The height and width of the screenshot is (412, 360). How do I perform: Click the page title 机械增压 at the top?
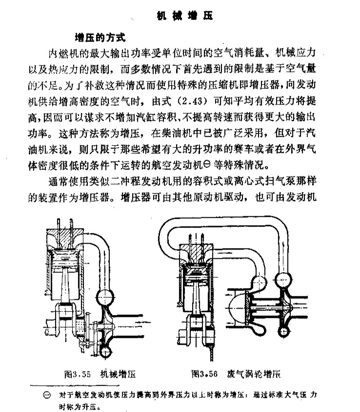coord(185,16)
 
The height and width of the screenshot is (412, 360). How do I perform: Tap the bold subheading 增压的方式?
coord(100,38)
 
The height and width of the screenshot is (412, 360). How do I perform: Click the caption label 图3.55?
coord(78,374)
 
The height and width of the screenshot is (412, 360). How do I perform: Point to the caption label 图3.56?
coord(204,373)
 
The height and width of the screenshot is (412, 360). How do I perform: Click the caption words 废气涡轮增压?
coord(254,373)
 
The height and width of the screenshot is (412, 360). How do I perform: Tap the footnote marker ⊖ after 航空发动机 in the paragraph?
coord(207,165)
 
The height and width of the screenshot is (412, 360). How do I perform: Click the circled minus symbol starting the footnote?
coord(47,395)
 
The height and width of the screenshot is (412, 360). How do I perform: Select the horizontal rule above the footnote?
coord(75,386)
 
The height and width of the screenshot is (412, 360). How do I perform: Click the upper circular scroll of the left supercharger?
coord(105,297)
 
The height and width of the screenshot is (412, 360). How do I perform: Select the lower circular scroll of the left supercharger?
coord(105,351)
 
